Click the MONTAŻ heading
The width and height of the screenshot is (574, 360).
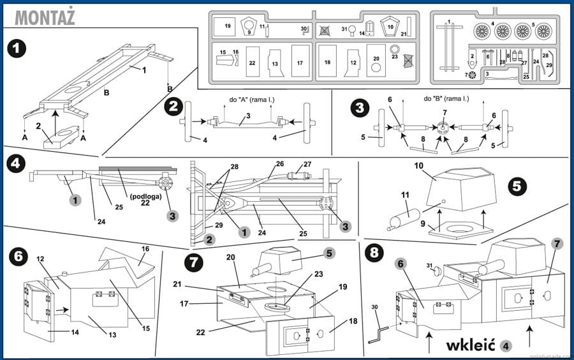coord(44,17)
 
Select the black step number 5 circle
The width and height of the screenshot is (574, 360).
coord(517,186)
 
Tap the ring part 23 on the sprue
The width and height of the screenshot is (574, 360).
coord(395,50)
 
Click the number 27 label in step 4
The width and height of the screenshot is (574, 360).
coord(307,164)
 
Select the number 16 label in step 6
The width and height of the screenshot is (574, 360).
coord(145,248)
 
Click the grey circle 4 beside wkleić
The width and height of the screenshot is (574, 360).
coord(506,346)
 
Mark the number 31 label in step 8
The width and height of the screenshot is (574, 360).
coord(430,266)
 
